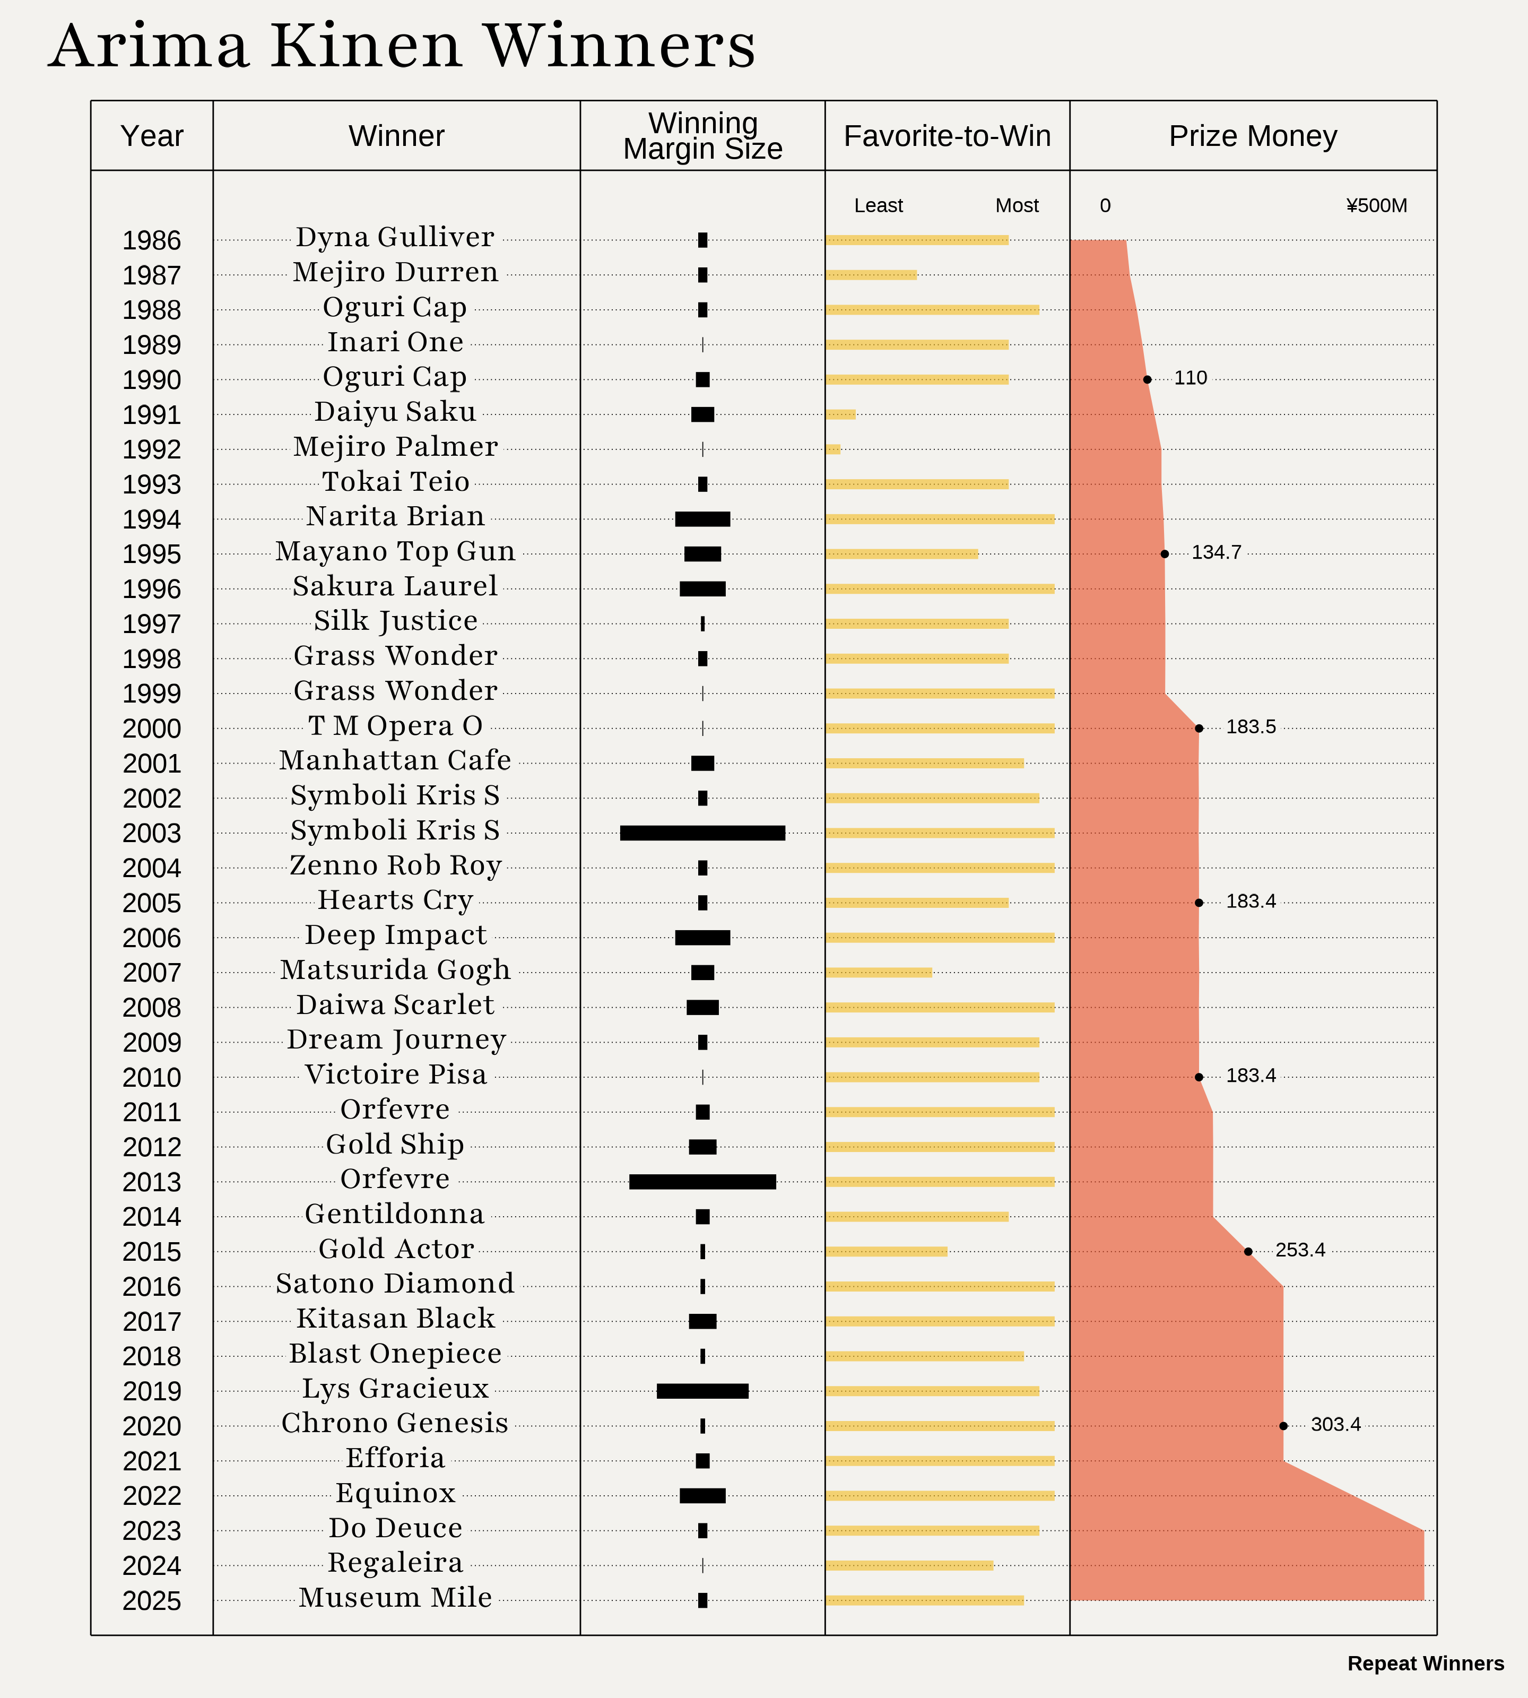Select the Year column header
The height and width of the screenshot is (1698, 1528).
click(x=152, y=136)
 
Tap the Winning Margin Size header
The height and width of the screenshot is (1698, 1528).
click(x=702, y=136)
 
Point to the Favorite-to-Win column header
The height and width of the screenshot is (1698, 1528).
click(x=947, y=136)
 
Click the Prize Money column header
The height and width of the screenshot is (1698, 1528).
click(x=1253, y=136)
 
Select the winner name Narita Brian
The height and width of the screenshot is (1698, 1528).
click(x=395, y=516)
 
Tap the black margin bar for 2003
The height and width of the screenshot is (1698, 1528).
click(x=702, y=833)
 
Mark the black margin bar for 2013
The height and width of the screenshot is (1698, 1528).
click(x=702, y=1182)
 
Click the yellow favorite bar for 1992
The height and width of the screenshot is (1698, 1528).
click(x=833, y=449)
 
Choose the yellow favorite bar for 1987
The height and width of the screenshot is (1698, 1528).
click(x=871, y=275)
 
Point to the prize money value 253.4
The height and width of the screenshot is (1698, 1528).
click(x=1300, y=1250)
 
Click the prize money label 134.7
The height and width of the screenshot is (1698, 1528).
click(x=1216, y=552)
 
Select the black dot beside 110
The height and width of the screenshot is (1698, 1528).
click(x=1148, y=379)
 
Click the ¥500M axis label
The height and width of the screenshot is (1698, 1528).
click(x=1376, y=206)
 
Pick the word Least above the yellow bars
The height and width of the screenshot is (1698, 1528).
click(x=878, y=206)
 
